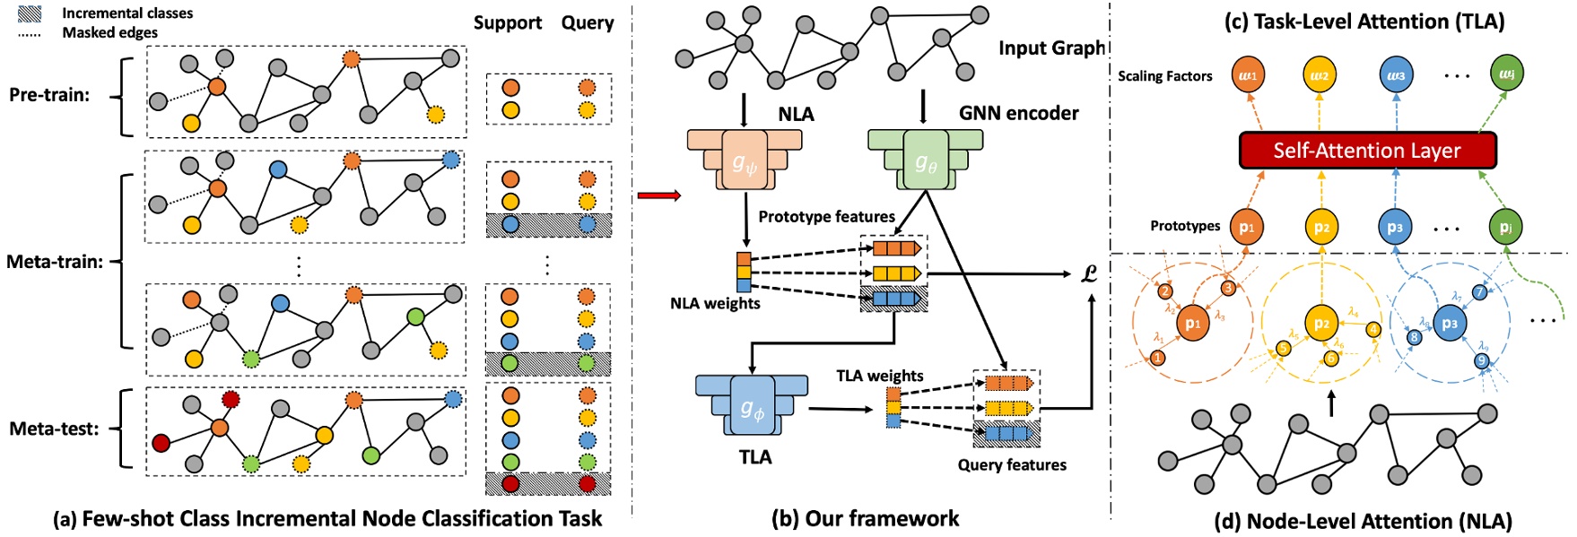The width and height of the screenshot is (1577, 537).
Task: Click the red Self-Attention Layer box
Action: pos(1367,151)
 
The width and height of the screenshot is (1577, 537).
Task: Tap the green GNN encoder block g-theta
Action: pos(926,160)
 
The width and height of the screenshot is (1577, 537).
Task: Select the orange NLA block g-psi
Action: pos(745,160)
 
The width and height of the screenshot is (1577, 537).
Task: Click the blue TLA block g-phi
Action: pos(752,407)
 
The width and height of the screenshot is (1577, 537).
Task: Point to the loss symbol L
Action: pos(1089,273)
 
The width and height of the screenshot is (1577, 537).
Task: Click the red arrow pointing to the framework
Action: pos(658,195)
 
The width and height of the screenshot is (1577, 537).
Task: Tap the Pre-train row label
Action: pos(49,95)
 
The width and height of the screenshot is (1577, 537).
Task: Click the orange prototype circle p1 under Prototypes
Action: pos(1246,227)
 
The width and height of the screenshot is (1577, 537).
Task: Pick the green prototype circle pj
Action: pos(1506,227)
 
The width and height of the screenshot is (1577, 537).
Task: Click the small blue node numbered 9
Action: pos(1481,360)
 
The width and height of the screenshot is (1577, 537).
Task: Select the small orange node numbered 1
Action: pos(1158,358)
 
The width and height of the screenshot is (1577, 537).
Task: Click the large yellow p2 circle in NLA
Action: pos(1320,324)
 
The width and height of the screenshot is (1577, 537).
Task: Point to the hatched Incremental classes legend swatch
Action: pos(30,13)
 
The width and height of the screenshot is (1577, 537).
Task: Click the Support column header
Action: pos(508,23)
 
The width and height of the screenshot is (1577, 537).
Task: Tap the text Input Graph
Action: pos(1052,48)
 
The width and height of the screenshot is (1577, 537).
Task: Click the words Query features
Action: pos(1012,464)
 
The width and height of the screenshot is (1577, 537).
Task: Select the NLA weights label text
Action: pos(715,303)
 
